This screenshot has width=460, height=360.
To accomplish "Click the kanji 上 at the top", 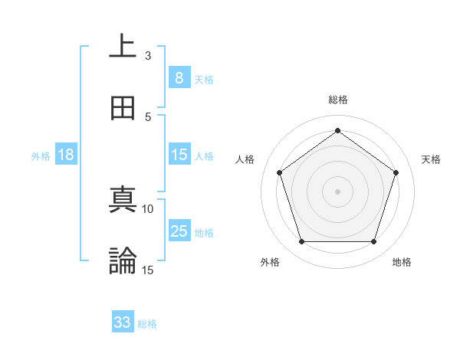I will point(123,46).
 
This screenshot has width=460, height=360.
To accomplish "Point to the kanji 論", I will point(123,260).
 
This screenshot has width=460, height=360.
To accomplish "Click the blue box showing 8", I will point(179,77).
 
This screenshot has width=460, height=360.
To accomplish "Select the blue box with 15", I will point(179,155).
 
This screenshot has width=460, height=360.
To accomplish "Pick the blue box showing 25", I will point(179,231).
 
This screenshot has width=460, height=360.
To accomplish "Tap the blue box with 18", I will point(66,155).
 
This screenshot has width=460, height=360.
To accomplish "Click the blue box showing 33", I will point(123,322).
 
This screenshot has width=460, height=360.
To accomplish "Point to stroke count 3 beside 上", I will point(148,55).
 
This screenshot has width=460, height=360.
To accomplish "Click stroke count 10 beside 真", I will point(148,208).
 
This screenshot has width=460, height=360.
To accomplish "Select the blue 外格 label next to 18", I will point(41,155).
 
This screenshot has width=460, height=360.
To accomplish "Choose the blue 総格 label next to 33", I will point(148,324).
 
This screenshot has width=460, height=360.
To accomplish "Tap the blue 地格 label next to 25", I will point(205,232).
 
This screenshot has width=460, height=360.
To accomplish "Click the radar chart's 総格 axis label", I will point(338,100).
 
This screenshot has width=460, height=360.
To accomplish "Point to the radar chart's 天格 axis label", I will point(432,159).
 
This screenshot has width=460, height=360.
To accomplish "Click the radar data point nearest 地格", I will point(374,242).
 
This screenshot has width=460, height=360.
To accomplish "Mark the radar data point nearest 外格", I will point(301,242).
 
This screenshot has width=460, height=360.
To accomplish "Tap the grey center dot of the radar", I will point(337,191).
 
